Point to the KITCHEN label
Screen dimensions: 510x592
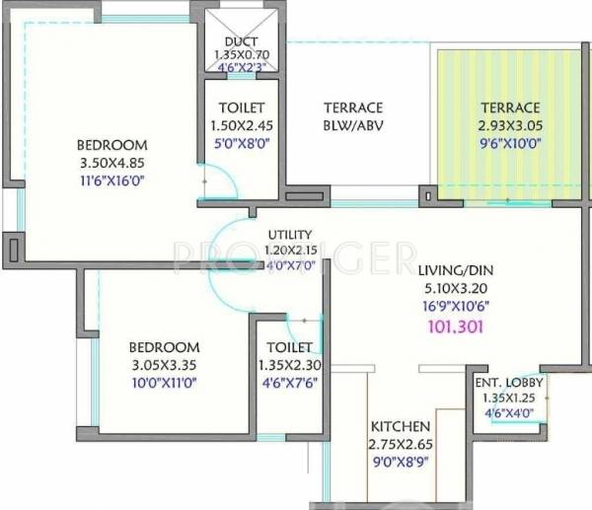click(400, 426)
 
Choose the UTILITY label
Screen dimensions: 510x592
click(289, 235)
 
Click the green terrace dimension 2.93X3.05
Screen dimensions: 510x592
click(510, 125)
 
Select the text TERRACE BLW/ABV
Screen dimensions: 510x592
click(351, 116)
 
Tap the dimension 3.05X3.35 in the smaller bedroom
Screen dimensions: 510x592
click(163, 365)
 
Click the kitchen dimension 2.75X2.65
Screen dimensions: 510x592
click(400, 444)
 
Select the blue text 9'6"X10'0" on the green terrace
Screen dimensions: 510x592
click(510, 142)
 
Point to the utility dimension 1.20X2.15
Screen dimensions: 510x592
click(289, 250)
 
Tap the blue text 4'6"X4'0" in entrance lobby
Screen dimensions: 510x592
click(509, 412)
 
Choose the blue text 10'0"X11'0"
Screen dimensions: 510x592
click(163, 382)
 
